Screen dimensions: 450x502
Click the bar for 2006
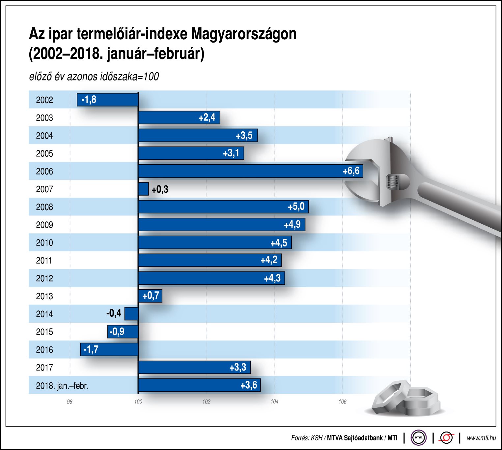250,171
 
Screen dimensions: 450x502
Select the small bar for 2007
143,189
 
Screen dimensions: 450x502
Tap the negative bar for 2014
131,314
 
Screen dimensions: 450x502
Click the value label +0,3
160,189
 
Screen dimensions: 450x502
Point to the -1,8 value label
89,100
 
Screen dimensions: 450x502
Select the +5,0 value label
296,207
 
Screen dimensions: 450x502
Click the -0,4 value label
114,313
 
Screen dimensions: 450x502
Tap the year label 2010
44,243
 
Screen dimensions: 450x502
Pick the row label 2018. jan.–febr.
62,386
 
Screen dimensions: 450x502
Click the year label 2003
44,118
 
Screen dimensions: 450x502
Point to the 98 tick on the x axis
70,402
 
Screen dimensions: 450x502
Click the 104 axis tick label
274,402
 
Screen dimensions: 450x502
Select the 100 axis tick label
138,402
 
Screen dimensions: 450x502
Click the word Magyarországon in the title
244,34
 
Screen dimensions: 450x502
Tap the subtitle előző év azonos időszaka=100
94,77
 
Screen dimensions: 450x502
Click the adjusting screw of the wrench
393,182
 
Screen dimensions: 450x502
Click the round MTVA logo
418,438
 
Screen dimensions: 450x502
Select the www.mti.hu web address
481,438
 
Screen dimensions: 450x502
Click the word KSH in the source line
317,438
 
